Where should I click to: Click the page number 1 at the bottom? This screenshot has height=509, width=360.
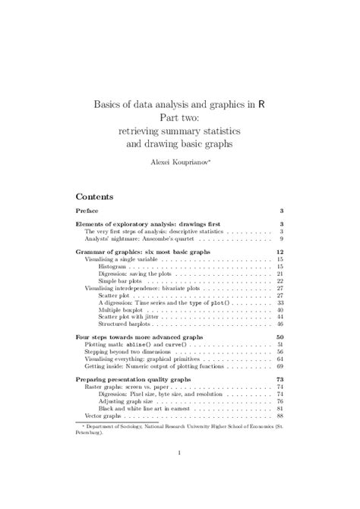(179, 454)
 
